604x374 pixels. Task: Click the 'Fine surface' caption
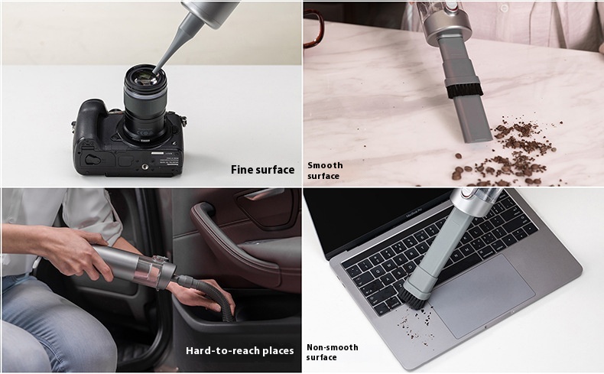[263, 170]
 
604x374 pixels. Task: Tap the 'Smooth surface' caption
[325, 171]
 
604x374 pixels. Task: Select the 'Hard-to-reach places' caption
[239, 351]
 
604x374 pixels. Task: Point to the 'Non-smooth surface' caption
[332, 352]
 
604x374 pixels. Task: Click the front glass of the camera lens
[146, 77]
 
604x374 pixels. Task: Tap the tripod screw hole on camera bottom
[145, 167]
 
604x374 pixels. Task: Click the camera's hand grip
[88, 127]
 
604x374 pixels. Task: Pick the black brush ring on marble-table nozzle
[465, 91]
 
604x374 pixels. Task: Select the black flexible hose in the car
[210, 294]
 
